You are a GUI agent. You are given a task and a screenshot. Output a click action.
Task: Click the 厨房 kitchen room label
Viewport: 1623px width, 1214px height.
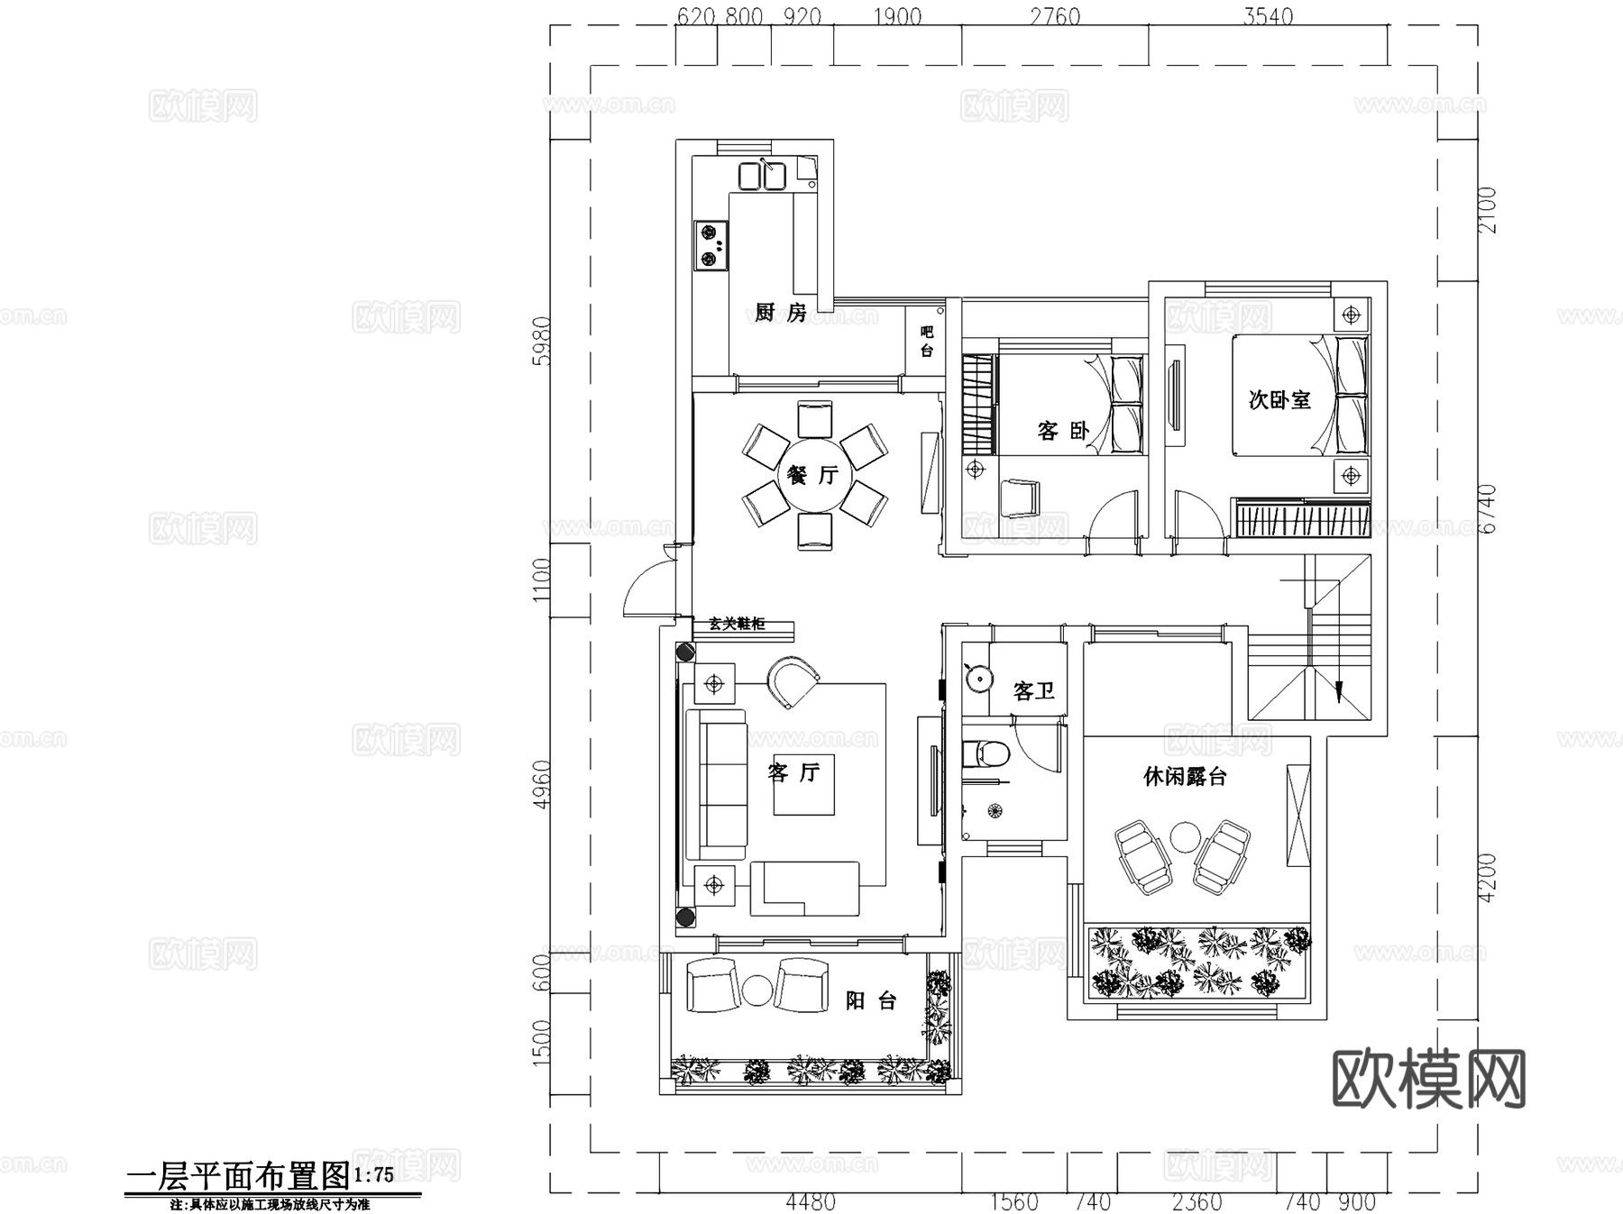(x=780, y=313)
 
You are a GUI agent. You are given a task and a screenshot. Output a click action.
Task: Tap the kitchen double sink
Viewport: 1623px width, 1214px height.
(x=762, y=176)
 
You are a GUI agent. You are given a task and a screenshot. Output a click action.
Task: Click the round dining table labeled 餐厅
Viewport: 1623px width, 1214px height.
(x=814, y=474)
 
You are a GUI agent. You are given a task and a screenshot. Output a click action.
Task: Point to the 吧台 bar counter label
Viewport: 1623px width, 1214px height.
(x=927, y=342)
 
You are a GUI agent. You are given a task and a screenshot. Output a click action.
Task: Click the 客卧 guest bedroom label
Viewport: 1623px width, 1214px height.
(x=1063, y=431)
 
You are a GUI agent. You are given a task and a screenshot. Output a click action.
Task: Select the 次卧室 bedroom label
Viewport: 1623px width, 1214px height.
(x=1279, y=399)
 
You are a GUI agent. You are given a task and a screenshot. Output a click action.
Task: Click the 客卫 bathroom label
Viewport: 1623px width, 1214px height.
(x=1033, y=691)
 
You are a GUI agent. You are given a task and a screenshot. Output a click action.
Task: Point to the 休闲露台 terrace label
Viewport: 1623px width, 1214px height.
(x=1185, y=776)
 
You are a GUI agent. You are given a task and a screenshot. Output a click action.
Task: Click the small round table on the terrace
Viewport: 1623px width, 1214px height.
(x=1184, y=837)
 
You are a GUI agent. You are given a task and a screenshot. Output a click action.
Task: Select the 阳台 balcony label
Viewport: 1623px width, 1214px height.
(x=870, y=1000)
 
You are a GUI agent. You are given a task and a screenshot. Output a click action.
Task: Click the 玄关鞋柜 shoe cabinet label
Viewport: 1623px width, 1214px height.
(x=737, y=624)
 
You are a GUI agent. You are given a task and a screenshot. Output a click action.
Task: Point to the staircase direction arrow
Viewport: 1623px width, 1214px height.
(x=1338, y=691)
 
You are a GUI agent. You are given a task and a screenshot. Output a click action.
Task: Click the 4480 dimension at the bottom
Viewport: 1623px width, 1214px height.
(x=811, y=1201)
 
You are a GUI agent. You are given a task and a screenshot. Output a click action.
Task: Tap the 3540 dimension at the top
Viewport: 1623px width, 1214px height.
(x=1267, y=16)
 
